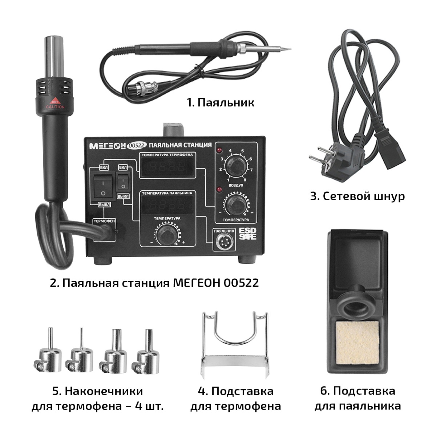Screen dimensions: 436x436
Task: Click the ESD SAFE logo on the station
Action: (247, 234)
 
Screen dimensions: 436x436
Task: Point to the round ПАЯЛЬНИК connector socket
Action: (224, 242)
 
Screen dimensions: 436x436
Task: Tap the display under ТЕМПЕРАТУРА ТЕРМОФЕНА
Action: (167, 167)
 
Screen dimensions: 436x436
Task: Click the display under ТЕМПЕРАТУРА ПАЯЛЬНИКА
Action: (167, 205)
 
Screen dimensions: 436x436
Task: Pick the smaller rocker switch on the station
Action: (123, 181)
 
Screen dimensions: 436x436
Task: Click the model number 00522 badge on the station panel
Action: (137, 145)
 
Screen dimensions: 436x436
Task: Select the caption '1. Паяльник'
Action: (221, 102)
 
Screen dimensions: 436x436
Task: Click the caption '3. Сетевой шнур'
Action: (358, 196)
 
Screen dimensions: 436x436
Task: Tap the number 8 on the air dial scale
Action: (245, 180)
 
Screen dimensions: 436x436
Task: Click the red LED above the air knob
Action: (219, 150)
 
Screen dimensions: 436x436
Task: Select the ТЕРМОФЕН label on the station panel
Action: (104, 221)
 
